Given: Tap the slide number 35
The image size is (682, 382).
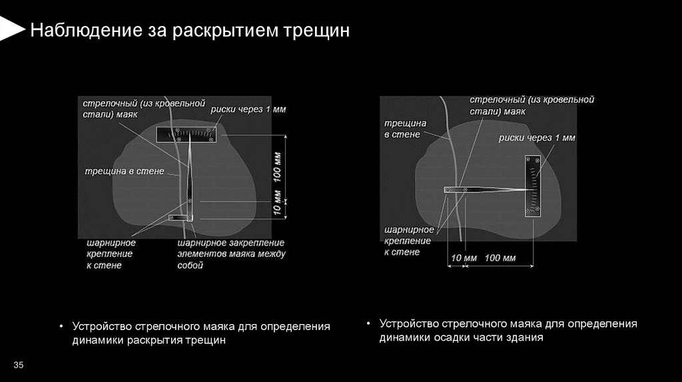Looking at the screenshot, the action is click(x=19, y=365).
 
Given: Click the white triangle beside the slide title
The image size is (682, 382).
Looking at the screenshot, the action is click(x=11, y=29).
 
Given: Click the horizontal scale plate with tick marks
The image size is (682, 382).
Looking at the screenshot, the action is click(x=188, y=134).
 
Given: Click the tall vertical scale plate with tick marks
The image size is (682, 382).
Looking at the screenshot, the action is click(x=533, y=186).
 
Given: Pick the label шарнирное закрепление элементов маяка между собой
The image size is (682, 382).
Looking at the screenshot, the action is click(x=230, y=254).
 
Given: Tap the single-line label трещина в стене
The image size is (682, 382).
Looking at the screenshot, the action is click(x=123, y=171).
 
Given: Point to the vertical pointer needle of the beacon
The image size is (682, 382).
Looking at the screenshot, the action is click(x=190, y=173).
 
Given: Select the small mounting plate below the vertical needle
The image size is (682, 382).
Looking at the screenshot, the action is click(x=180, y=217).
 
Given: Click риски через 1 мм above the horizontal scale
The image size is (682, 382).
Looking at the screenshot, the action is click(x=248, y=109).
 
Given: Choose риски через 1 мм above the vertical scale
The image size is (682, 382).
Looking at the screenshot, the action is click(x=537, y=138).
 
